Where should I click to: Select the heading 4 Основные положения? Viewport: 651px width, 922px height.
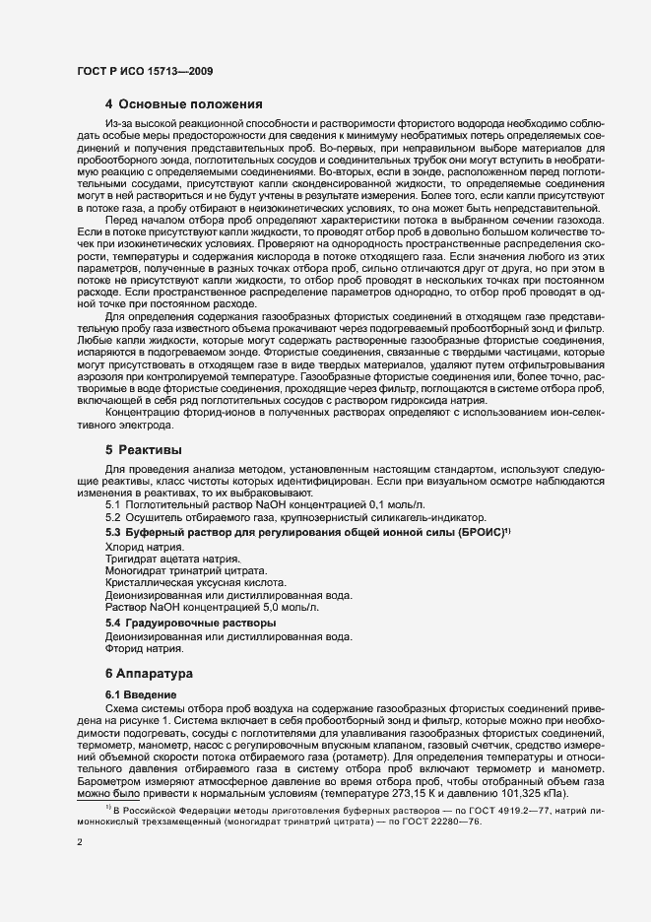183,103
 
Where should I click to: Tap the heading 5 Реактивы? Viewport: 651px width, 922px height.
150,449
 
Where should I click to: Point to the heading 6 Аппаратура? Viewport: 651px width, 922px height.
158,674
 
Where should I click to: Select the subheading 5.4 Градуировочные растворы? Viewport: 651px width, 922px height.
190,623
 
